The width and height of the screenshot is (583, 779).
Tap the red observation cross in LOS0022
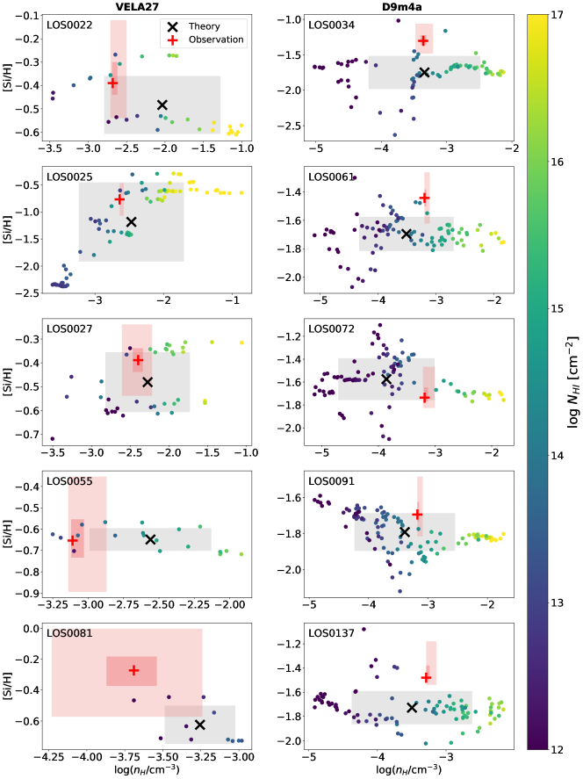113,83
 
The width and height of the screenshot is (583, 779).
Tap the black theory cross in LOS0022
162,105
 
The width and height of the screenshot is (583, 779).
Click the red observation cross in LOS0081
133,670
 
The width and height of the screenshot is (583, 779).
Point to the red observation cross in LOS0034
423,41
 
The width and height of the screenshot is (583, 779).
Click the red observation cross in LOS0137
427,677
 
